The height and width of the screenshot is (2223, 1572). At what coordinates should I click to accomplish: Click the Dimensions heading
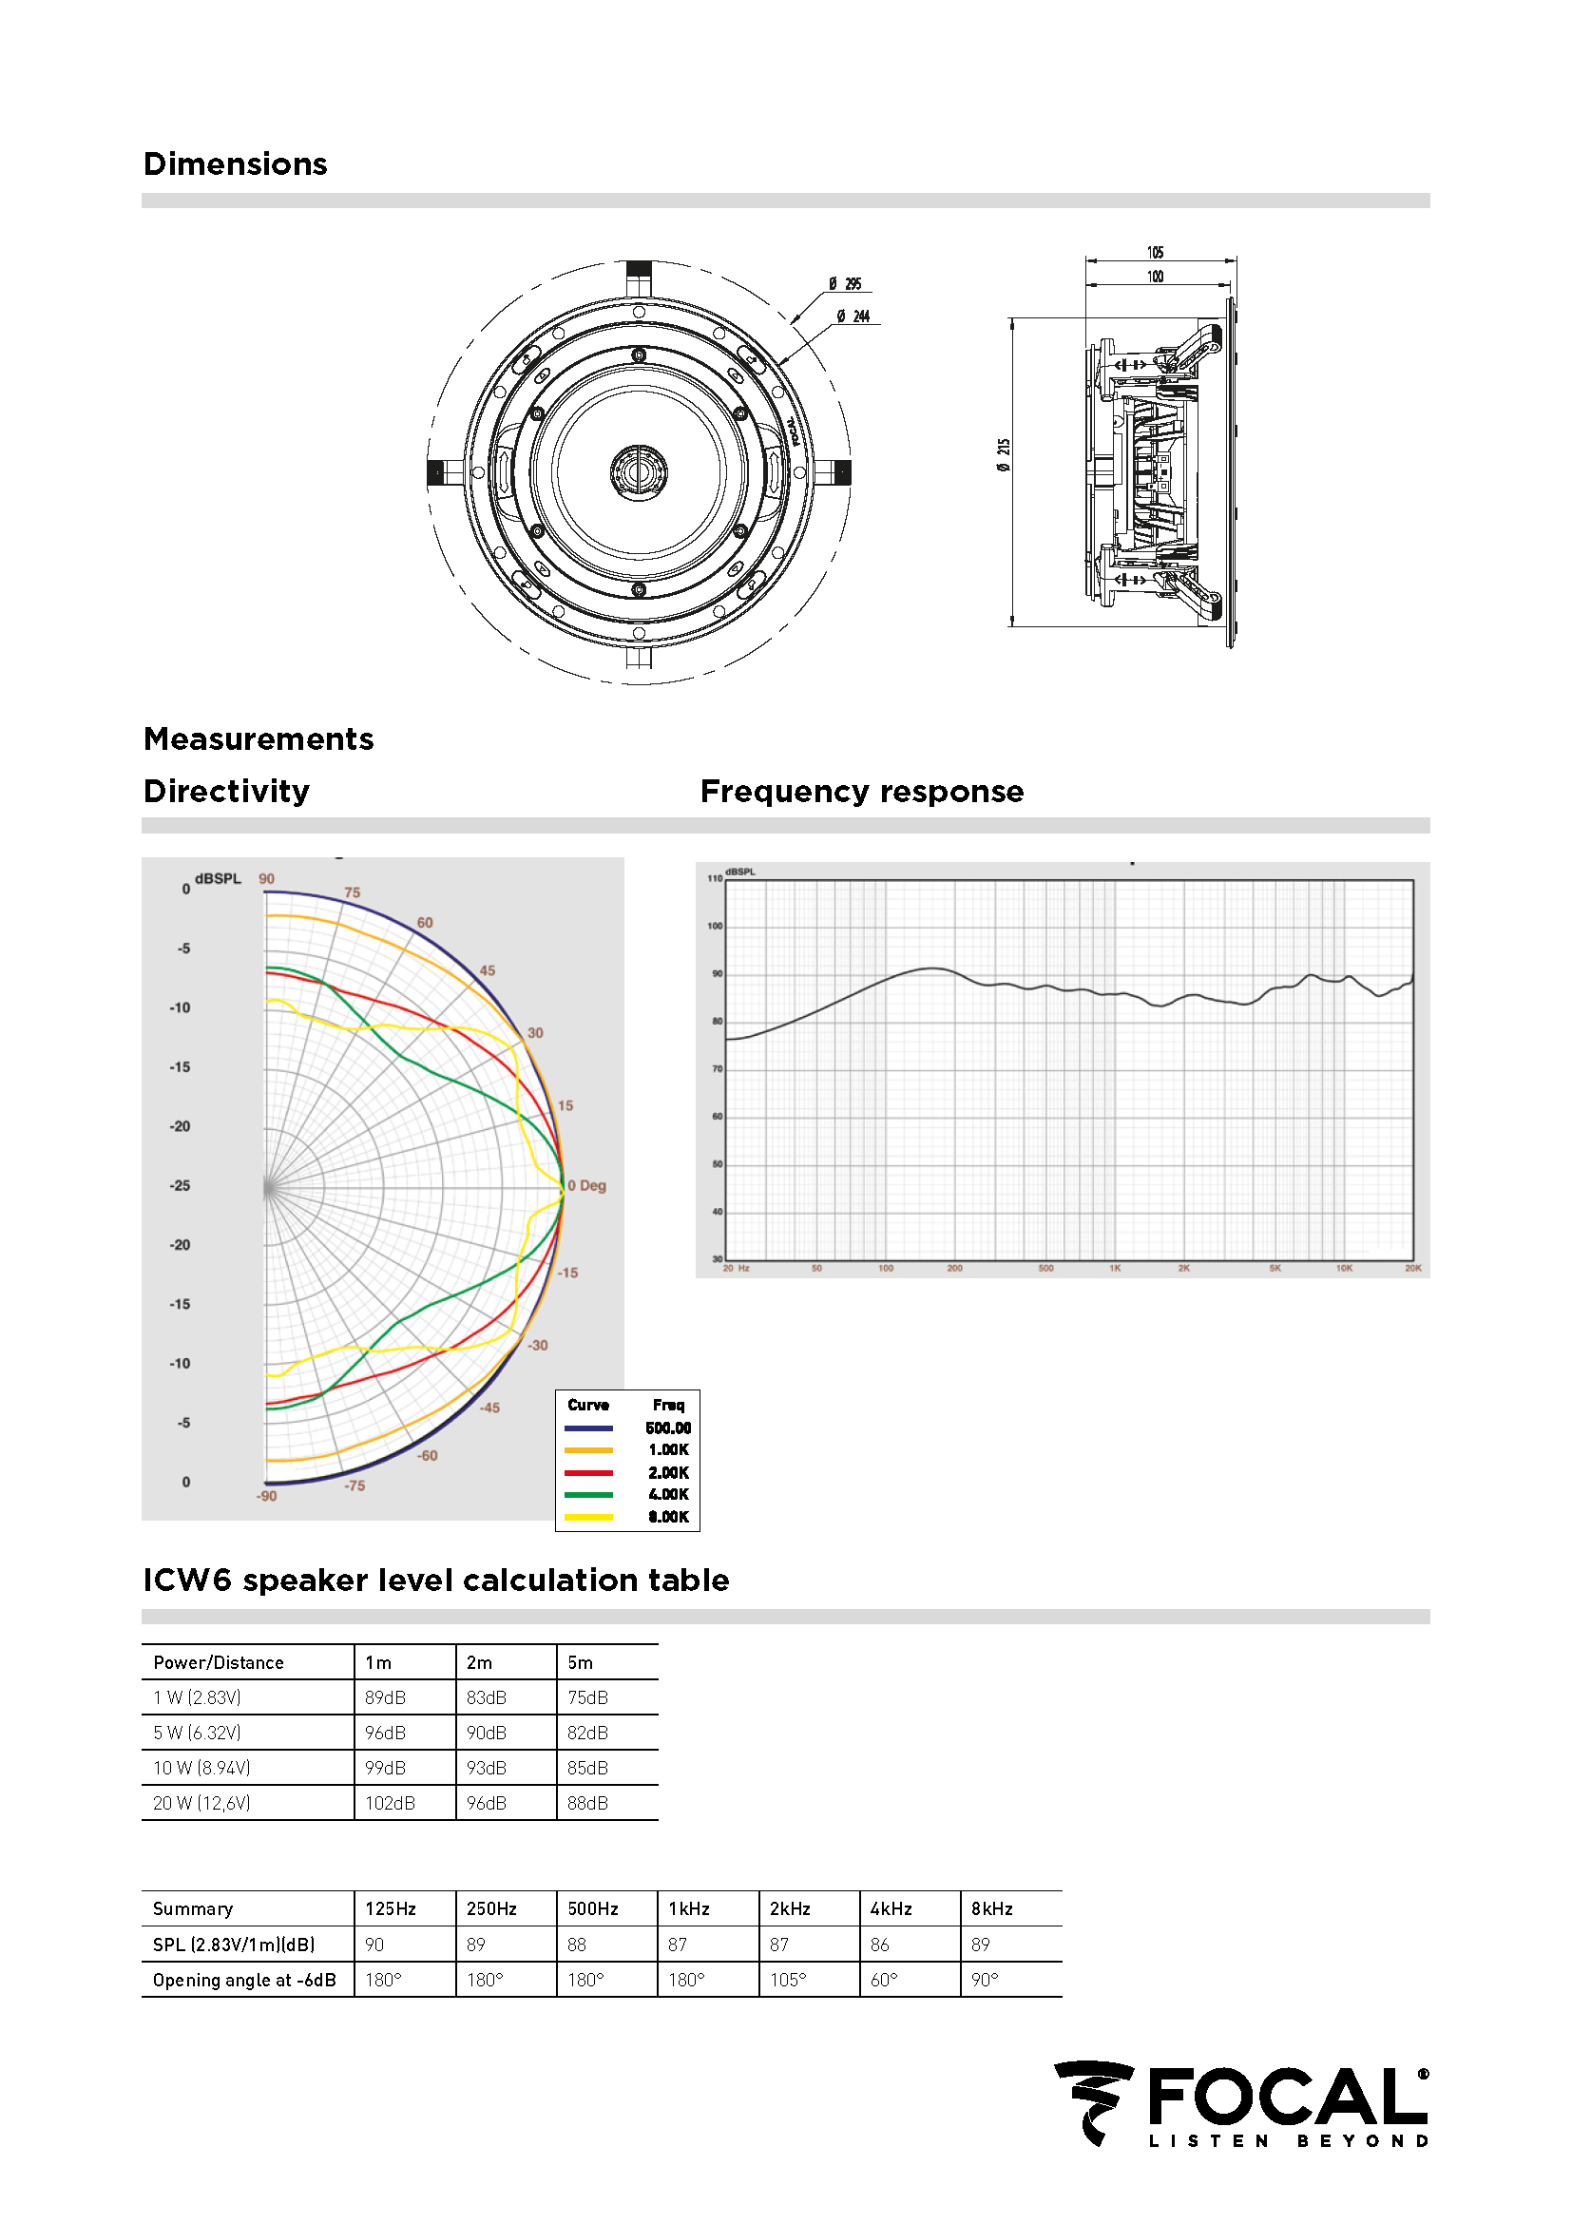tap(235, 163)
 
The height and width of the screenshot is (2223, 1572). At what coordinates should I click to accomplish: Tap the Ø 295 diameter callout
tap(845, 283)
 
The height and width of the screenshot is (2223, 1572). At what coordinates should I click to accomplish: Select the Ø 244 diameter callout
tap(853, 316)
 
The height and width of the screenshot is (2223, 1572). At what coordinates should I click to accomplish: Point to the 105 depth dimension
tap(1155, 253)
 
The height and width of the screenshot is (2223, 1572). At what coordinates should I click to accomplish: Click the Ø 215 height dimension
tap(1004, 454)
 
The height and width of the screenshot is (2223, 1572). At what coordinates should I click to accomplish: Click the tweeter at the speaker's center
tap(638, 471)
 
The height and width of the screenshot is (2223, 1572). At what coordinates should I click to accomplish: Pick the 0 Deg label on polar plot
tap(587, 1185)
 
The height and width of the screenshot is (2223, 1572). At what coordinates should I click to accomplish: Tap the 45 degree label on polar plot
tap(487, 970)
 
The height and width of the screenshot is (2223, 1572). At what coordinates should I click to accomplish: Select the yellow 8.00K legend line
tap(588, 1517)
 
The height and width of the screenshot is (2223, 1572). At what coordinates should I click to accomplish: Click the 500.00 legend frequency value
tap(668, 1428)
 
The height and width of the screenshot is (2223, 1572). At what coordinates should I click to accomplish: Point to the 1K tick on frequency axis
tap(1115, 1268)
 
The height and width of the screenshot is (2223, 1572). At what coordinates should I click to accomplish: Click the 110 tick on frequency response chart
tap(715, 878)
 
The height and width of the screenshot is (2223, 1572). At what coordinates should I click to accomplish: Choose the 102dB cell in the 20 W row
tap(390, 1803)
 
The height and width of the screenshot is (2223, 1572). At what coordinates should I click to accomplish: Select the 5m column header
tap(580, 1662)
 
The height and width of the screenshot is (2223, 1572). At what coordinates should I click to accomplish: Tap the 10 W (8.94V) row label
tap(201, 1768)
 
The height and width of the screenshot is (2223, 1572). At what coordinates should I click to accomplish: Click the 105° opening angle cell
tap(787, 1980)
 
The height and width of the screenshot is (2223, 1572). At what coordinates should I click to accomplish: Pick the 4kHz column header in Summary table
tap(891, 1908)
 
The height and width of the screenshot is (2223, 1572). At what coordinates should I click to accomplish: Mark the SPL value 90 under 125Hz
tap(374, 1945)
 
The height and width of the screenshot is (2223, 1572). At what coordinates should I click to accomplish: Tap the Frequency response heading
tap(861, 791)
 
